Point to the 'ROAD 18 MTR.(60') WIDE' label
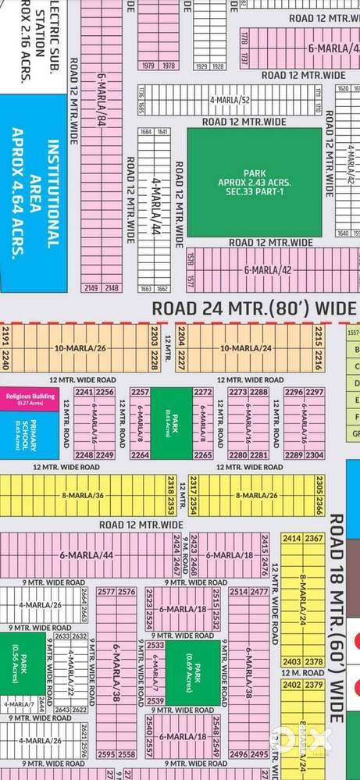tap(337, 617)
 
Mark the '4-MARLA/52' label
tap(233, 101)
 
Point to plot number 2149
tap(92, 288)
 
